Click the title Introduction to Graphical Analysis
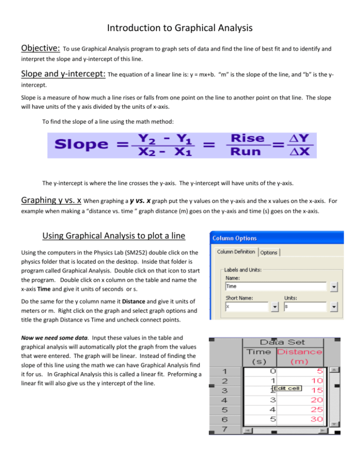(180, 28)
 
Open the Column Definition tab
(236, 252)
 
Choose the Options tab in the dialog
(269, 253)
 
